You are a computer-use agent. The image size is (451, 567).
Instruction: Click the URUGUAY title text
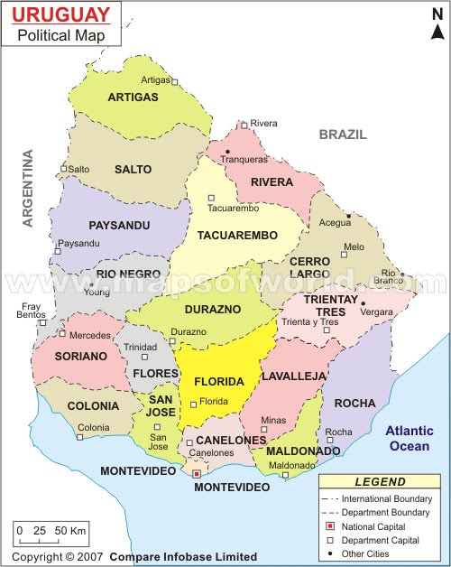[x=60, y=14]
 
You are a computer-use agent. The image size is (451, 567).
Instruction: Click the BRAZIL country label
[x=343, y=135]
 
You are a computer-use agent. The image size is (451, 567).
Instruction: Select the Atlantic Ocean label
[x=410, y=438]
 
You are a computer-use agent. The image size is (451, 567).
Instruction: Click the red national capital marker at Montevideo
[x=197, y=472]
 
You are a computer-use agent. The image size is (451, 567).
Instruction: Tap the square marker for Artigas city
[x=175, y=82]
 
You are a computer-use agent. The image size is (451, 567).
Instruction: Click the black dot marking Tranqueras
[x=228, y=151]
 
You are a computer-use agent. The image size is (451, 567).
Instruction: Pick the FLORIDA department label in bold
[x=218, y=381]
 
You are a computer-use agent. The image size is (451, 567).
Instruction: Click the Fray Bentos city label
[x=32, y=311]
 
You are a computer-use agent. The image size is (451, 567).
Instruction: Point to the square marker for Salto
[x=63, y=169]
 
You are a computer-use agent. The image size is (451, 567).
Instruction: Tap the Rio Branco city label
[x=390, y=276]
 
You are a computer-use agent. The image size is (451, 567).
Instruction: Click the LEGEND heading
[x=380, y=482]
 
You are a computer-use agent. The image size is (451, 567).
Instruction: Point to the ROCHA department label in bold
[x=354, y=404]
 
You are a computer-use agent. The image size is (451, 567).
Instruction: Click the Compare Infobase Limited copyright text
[x=183, y=557]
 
